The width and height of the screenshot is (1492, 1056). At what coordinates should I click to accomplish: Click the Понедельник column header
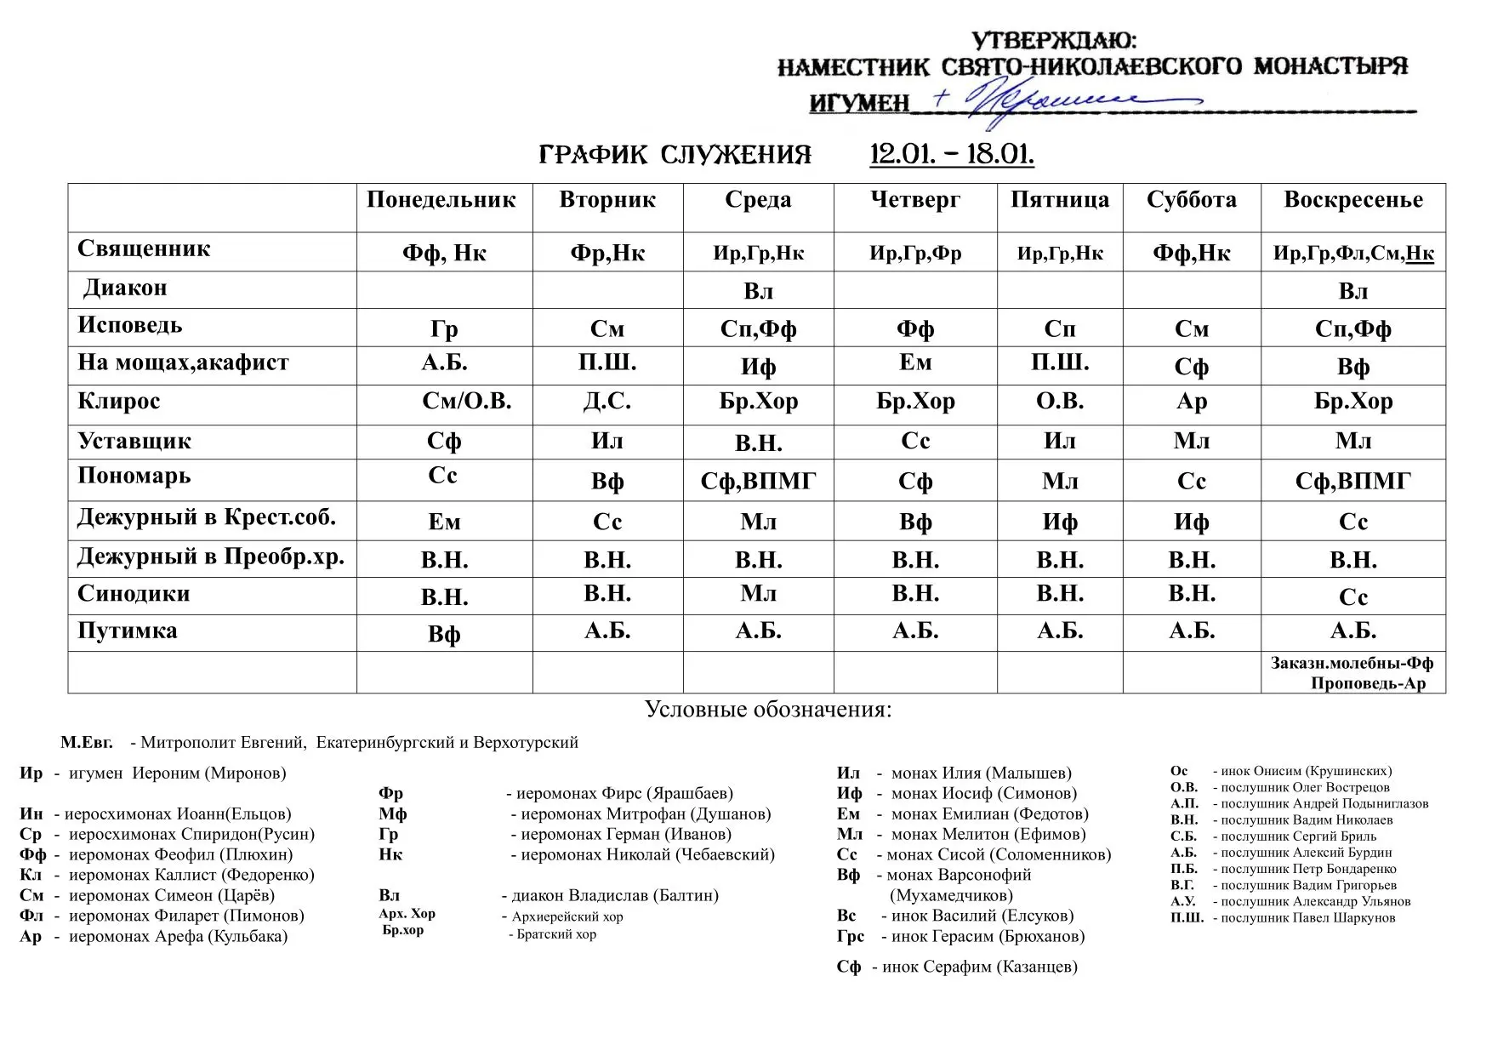[441, 200]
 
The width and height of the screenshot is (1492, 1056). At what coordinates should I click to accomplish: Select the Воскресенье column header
[1352, 200]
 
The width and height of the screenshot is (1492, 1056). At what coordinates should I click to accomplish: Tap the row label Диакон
[124, 288]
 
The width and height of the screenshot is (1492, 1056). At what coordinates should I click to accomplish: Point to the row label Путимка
[128, 631]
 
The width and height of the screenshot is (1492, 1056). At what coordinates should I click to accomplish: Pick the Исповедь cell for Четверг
[914, 328]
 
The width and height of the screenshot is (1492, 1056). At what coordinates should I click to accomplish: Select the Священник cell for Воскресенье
[1352, 253]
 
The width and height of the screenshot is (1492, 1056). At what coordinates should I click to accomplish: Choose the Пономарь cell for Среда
[758, 482]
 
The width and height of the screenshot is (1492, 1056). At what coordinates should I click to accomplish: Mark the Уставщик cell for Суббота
[1191, 442]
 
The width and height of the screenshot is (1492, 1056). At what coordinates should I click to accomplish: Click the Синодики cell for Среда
[758, 594]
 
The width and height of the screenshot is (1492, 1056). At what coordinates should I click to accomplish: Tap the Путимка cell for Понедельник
[444, 635]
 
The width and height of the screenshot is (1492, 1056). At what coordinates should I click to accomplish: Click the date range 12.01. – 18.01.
[951, 155]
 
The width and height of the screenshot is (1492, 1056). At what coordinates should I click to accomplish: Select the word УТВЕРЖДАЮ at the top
[1053, 41]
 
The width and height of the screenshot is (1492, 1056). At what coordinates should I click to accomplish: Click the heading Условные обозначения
[767, 710]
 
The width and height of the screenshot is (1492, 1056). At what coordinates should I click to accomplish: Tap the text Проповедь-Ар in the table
[1367, 683]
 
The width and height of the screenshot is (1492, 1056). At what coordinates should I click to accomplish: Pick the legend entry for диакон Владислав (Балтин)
[609, 895]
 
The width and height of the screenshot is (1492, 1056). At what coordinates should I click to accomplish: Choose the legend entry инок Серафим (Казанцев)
[978, 967]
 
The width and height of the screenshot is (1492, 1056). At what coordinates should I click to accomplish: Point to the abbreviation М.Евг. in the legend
[87, 743]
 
